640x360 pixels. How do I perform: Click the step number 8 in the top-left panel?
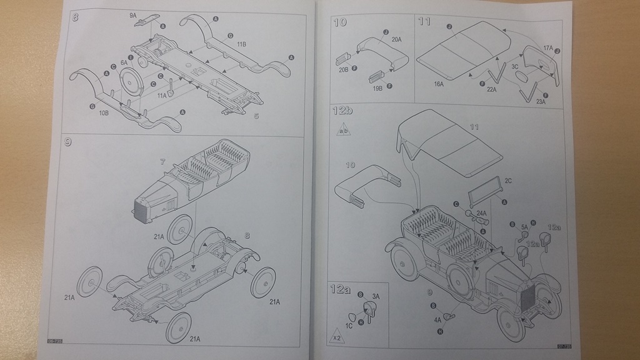(x=75, y=17)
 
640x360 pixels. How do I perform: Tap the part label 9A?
(x=134, y=14)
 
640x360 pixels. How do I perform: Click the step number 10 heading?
(x=340, y=22)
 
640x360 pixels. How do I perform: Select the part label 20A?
(x=396, y=39)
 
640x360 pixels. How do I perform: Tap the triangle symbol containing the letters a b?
(x=344, y=131)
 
